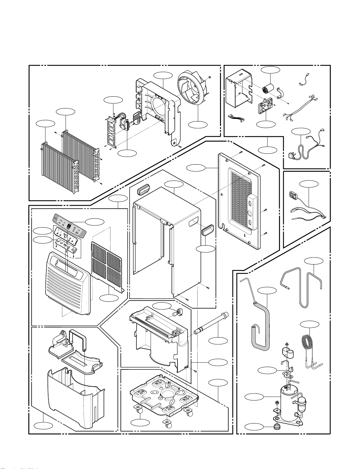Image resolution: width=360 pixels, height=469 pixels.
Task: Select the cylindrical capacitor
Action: click(x=268, y=88)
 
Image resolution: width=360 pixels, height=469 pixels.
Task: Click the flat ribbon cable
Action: click(x=237, y=118)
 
